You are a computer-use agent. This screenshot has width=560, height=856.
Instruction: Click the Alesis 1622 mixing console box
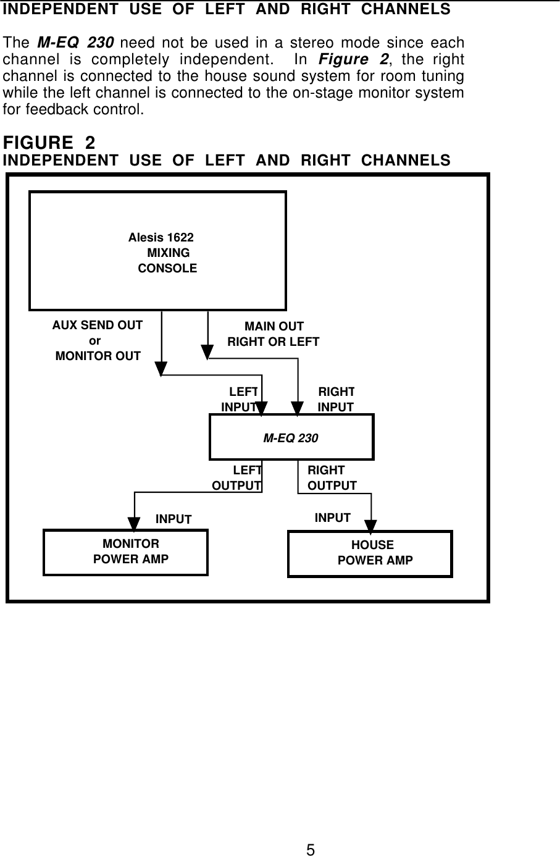click(x=157, y=251)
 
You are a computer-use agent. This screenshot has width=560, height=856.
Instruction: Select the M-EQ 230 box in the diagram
click(x=291, y=437)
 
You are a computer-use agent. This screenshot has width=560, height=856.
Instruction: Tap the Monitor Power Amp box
click(x=125, y=552)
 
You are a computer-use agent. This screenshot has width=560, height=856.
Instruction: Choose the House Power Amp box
click(x=370, y=553)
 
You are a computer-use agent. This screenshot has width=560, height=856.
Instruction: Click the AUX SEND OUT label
click(x=98, y=325)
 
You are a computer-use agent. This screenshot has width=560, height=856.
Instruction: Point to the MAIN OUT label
click(x=274, y=327)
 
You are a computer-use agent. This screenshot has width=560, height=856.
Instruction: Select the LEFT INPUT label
click(x=241, y=399)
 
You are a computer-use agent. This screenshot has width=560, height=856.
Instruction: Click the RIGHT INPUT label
click(x=336, y=399)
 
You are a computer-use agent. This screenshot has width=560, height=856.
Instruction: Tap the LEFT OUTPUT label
click(x=237, y=477)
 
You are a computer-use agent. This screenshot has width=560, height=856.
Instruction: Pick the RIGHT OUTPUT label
click(x=332, y=477)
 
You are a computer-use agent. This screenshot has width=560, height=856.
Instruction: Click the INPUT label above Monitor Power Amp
click(x=173, y=519)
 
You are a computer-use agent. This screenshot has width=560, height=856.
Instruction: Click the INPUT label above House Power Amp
click(x=332, y=518)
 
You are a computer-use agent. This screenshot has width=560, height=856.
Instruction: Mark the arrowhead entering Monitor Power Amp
click(x=135, y=522)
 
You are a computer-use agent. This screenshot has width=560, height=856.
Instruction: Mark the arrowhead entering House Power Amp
click(x=370, y=526)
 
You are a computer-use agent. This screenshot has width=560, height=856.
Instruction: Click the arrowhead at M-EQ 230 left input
click(x=262, y=408)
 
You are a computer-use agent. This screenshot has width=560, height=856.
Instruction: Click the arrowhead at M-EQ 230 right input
click(x=299, y=408)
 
